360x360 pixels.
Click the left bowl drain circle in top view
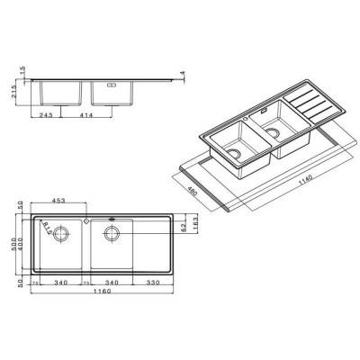tap(60, 236)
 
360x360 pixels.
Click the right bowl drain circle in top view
tap(111, 235)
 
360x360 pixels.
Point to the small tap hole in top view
tap(84, 218)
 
